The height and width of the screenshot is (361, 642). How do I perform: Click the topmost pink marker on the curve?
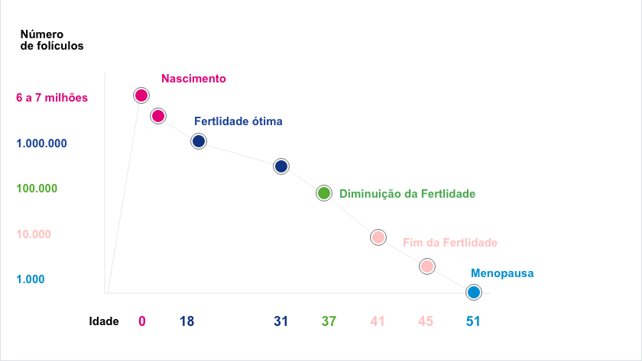pyautogui.click(x=141, y=95)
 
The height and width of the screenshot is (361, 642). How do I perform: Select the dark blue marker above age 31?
pyautogui.click(x=280, y=166)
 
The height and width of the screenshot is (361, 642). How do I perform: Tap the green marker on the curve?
pyautogui.click(x=324, y=193)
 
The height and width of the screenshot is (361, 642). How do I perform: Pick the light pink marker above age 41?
pyautogui.click(x=378, y=237)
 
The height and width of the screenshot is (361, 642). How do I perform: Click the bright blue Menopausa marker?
pyautogui.click(x=474, y=292)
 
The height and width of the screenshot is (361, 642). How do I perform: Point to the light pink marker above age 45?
pyautogui.click(x=426, y=266)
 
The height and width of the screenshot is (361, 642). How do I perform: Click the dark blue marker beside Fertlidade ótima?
pyautogui.click(x=199, y=141)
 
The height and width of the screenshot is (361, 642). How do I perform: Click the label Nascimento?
pyautogui.click(x=193, y=79)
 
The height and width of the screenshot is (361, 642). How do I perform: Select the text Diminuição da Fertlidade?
pyautogui.click(x=407, y=194)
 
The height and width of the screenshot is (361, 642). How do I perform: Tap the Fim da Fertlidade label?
pyautogui.click(x=449, y=243)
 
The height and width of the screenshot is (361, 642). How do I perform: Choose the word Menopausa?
pyautogui.click(x=502, y=272)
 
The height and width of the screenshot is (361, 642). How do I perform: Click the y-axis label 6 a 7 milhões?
pyautogui.click(x=52, y=98)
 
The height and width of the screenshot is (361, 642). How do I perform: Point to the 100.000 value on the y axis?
pyautogui.click(x=36, y=189)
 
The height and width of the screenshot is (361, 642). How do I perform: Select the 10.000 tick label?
pyautogui.click(x=33, y=234)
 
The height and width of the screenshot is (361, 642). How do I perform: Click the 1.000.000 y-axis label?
pyautogui.click(x=41, y=143)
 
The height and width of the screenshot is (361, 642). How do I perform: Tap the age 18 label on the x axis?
pyautogui.click(x=186, y=321)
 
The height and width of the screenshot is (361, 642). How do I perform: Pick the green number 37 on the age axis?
pyautogui.click(x=329, y=321)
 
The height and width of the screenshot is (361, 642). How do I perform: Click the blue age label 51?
pyautogui.click(x=473, y=321)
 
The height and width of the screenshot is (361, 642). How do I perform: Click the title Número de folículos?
pyautogui.click(x=51, y=40)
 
